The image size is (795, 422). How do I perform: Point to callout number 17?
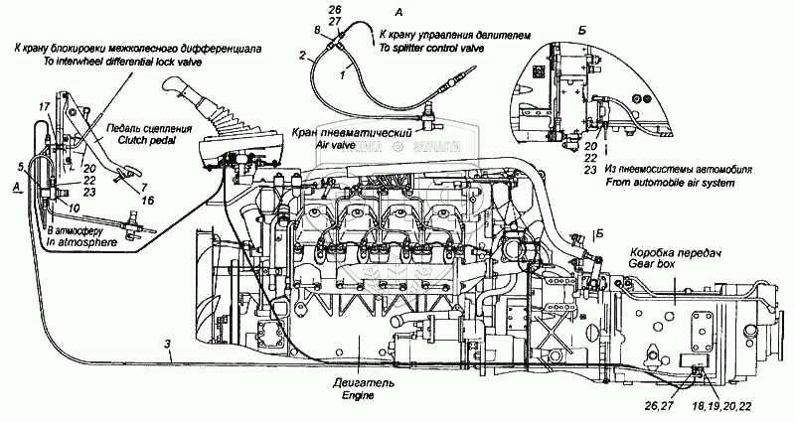pyautogui.click(x=43, y=106)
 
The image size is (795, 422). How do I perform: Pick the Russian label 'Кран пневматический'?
pyautogui.click(x=336, y=132)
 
